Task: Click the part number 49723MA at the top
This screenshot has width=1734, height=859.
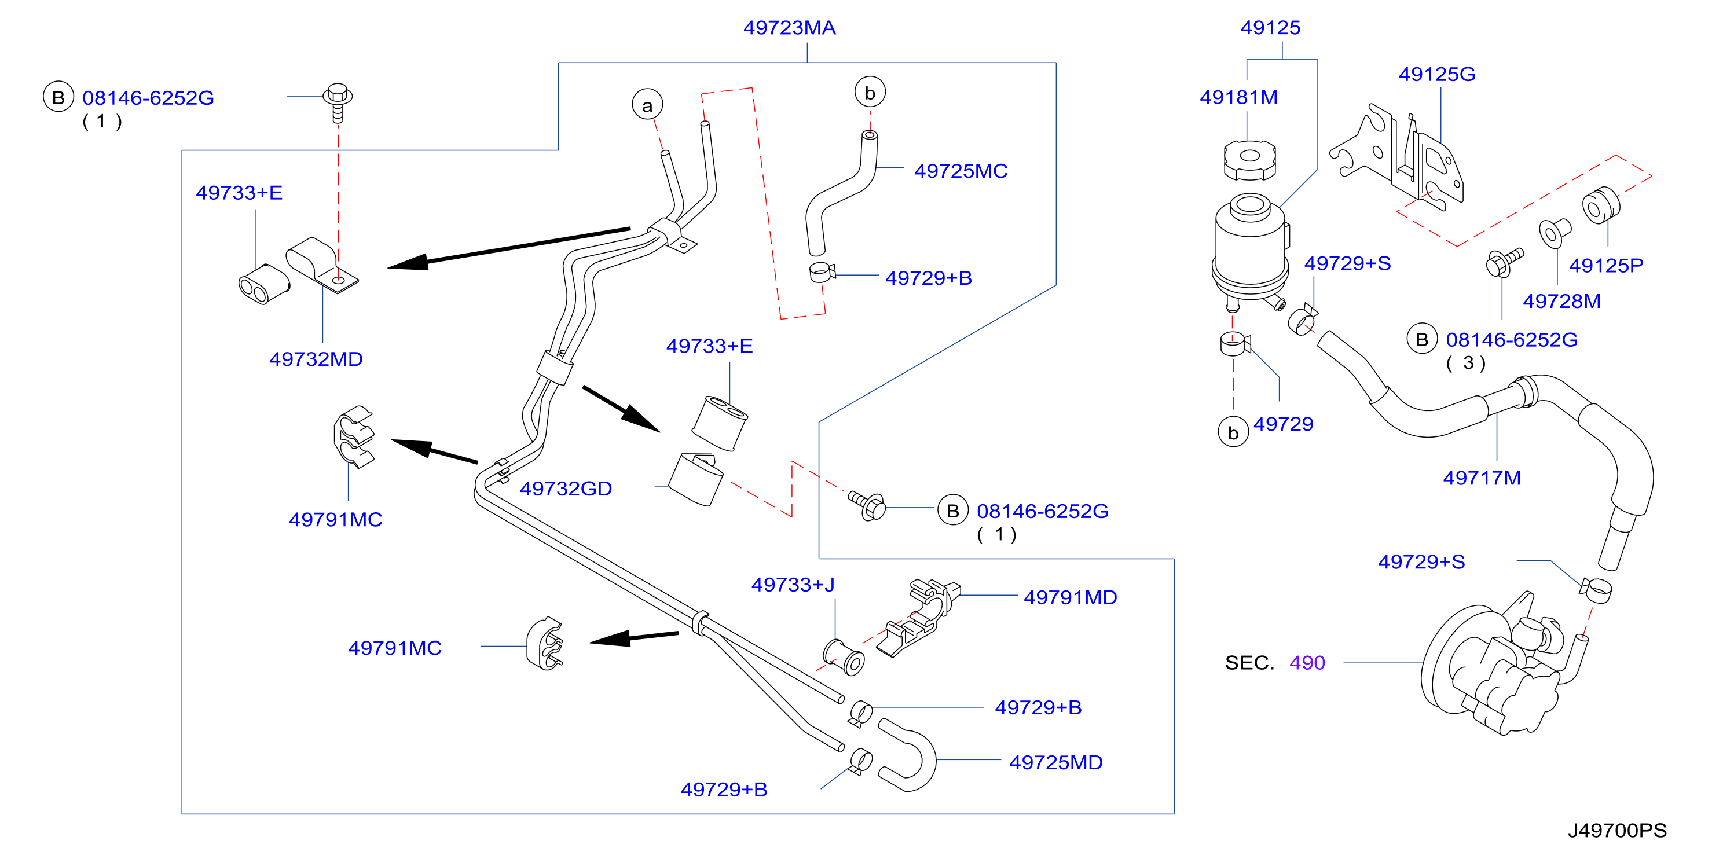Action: pyautogui.click(x=789, y=28)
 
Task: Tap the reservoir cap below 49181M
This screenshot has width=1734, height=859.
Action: pyautogui.click(x=1249, y=160)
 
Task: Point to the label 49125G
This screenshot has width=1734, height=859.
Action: pyautogui.click(x=1437, y=74)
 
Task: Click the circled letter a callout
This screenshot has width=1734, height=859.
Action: pyautogui.click(x=647, y=105)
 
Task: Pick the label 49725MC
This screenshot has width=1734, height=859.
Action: pyautogui.click(x=961, y=171)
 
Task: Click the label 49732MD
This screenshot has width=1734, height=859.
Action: pyautogui.click(x=316, y=359)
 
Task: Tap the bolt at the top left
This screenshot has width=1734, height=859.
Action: pyautogui.click(x=338, y=102)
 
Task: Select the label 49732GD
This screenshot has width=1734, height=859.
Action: pyautogui.click(x=566, y=489)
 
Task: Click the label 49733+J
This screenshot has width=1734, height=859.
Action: pyautogui.click(x=793, y=584)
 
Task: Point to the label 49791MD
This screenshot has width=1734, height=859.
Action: pyautogui.click(x=1071, y=597)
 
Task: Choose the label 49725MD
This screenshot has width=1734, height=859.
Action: pyautogui.click(x=1055, y=763)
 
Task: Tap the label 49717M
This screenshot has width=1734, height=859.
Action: pyautogui.click(x=1482, y=478)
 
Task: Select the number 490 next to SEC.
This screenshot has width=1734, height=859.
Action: pyautogui.click(x=1307, y=663)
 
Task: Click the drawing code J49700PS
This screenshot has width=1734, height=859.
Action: pyautogui.click(x=1617, y=831)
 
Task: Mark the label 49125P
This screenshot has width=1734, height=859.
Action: pyautogui.click(x=1605, y=266)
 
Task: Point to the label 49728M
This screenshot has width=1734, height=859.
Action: pyautogui.click(x=1561, y=301)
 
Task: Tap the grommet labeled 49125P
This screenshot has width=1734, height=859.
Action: pyautogui.click(x=1600, y=205)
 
